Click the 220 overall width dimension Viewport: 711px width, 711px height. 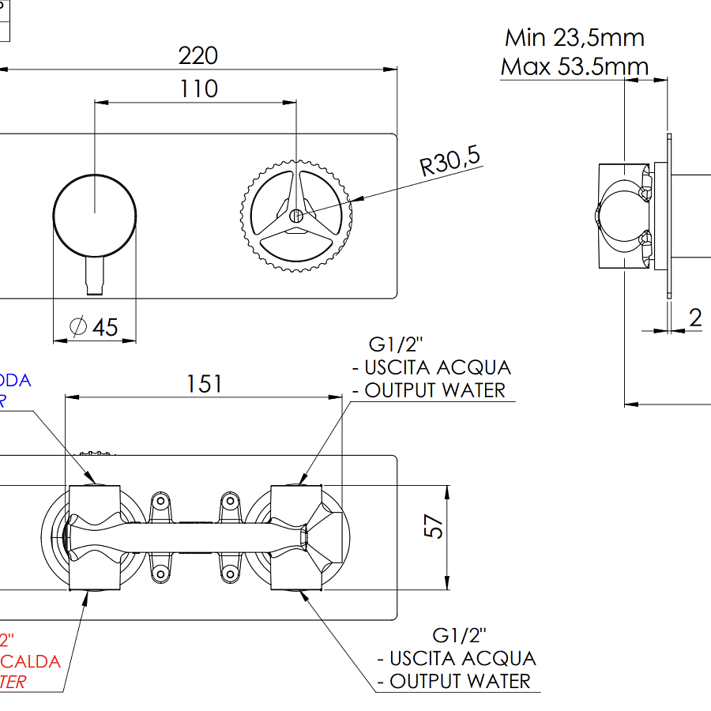(x=197, y=56)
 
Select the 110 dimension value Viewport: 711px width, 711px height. (x=198, y=88)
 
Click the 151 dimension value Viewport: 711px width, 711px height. (x=204, y=384)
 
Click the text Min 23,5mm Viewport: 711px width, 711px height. (x=574, y=37)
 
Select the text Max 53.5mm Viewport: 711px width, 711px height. (x=574, y=66)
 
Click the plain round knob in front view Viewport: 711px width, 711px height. (x=94, y=214)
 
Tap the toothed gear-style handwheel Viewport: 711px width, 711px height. (x=295, y=215)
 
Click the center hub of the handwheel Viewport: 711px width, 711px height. (x=295, y=215)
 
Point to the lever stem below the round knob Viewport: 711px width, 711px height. (x=94, y=276)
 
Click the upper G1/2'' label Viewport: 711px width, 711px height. (x=397, y=344)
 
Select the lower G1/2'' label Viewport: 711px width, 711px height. (x=460, y=635)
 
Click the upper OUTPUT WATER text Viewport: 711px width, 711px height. (x=434, y=389)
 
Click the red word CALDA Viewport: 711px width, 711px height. (x=32, y=660)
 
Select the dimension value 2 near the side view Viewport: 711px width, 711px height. (x=695, y=318)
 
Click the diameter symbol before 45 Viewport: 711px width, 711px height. (x=78, y=326)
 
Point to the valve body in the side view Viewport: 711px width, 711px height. (x=624, y=216)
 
